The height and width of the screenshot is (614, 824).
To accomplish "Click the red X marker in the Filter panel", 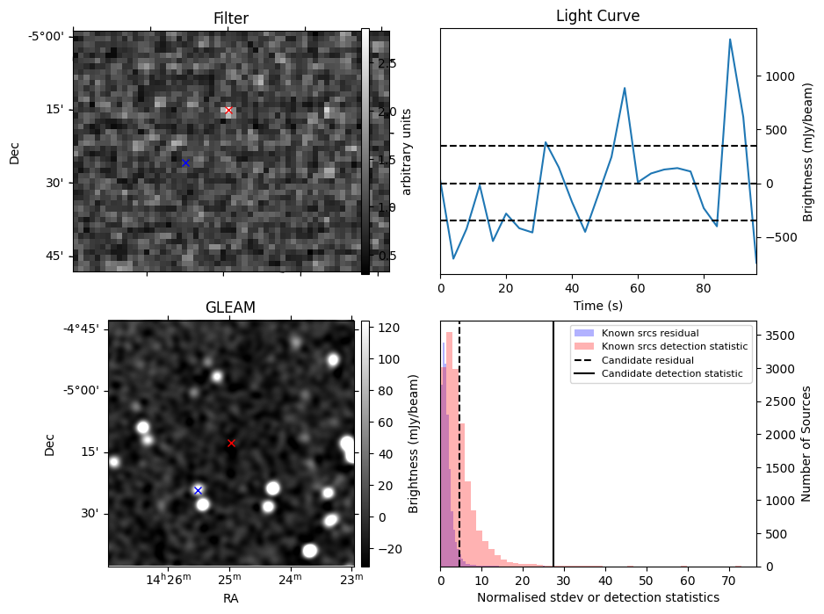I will [x=228, y=110].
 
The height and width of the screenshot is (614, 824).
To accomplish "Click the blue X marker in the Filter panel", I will [x=185, y=163].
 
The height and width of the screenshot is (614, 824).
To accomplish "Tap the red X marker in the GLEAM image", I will [x=231, y=443].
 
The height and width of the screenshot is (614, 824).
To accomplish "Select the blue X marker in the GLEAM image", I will [x=198, y=490].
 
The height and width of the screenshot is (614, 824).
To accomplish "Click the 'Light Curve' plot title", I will [x=597, y=17].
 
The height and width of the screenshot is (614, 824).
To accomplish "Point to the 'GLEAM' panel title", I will [x=230, y=307].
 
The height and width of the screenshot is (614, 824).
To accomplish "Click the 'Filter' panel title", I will [x=231, y=18].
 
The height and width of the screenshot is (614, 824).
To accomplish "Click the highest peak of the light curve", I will [x=730, y=40].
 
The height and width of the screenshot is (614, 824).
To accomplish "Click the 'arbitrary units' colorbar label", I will [x=407, y=151].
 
